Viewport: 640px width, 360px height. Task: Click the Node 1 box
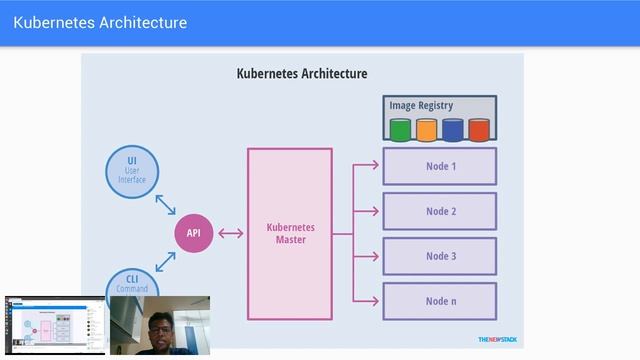tap(439, 166)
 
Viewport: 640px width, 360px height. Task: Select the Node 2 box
tap(439, 211)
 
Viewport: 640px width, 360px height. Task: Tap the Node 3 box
tap(439, 256)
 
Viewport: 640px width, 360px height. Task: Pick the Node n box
tap(439, 301)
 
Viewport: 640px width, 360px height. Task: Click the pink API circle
tap(194, 234)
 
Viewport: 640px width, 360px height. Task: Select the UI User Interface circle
tap(132, 171)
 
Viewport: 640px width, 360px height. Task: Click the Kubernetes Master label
tap(290, 234)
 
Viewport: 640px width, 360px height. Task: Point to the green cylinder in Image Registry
tap(401, 129)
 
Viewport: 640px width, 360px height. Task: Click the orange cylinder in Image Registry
tap(427, 129)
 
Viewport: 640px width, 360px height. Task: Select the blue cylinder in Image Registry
tap(453, 129)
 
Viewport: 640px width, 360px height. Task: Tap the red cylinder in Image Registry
tap(479, 129)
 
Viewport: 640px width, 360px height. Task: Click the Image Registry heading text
tap(420, 105)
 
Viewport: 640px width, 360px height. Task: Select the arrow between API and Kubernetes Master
tap(230, 234)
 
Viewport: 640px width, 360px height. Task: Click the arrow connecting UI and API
tap(165, 205)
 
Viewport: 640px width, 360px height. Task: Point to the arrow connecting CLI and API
tap(165, 262)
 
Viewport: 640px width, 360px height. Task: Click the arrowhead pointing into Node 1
tap(374, 165)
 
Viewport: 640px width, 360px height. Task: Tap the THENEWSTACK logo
tap(497, 338)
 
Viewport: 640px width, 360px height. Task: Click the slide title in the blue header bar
tap(100, 22)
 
